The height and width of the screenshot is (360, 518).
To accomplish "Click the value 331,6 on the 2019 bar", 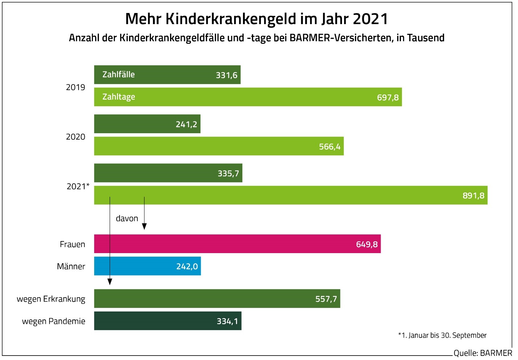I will point(226,75).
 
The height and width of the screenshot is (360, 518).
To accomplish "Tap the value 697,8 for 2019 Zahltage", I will point(388,97).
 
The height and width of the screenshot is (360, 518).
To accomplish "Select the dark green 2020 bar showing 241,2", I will point(147,124).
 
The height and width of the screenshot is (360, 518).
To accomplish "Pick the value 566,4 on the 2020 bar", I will point(330,147).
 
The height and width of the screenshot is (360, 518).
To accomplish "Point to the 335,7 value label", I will point(228,173).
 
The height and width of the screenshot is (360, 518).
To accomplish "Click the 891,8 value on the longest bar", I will point(473,195).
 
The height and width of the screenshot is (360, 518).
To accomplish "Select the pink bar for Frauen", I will point(237,244).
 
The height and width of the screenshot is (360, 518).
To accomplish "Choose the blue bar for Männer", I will point(147,266).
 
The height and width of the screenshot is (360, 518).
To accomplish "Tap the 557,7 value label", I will point(326,299).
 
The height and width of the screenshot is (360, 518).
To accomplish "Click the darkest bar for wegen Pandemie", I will point(167,321).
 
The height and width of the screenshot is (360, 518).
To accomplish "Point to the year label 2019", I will point(75,88).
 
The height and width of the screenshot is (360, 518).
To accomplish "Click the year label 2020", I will point(75,137).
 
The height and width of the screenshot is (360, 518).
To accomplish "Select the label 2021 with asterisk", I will point(78,187).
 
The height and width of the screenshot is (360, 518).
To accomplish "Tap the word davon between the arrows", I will point(127,219).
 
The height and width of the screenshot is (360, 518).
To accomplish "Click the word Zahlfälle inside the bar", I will point(118,75).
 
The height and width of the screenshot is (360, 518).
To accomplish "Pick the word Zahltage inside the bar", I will point(119,97).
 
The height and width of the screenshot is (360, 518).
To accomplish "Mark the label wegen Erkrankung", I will point(51,299).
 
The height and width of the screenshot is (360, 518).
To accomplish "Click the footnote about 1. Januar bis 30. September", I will point(442,335).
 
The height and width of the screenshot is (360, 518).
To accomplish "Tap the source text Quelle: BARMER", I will point(482,353).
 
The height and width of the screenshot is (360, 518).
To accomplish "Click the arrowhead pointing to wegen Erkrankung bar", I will point(110,282).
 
